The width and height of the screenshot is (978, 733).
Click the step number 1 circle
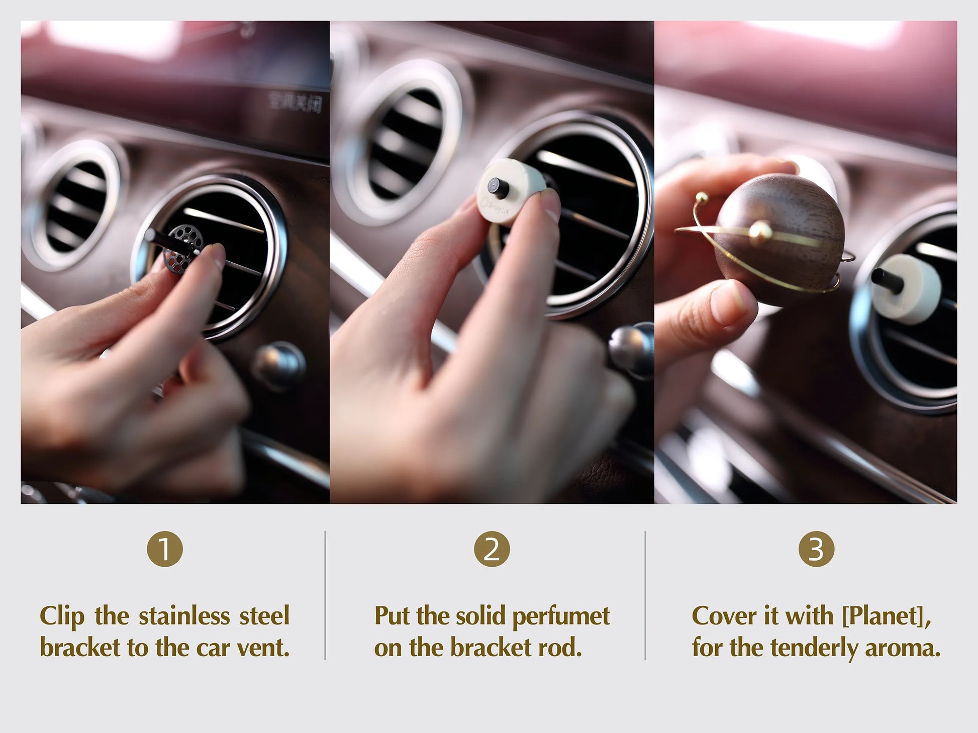tap(164, 549)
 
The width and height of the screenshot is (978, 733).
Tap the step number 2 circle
tap(492, 549)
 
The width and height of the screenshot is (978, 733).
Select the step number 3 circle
tap(816, 549)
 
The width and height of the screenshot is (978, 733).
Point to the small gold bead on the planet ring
tap(760, 231)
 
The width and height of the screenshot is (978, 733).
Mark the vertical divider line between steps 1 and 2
tap(325, 595)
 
